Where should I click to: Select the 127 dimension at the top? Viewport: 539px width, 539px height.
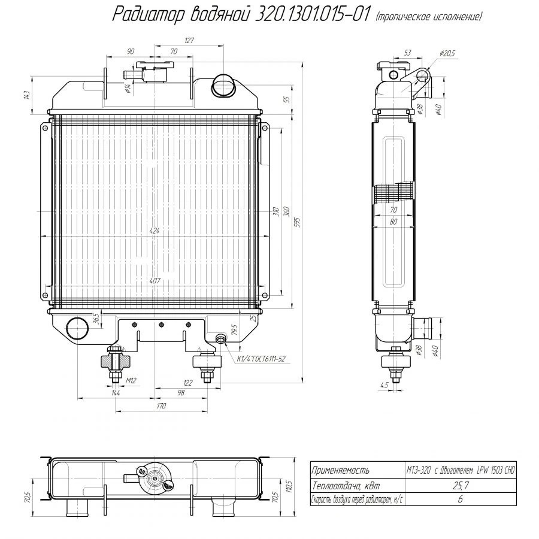pos(189,41)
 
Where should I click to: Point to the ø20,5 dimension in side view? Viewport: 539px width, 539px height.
pos(447,53)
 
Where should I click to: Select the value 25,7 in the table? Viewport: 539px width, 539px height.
pos(460,486)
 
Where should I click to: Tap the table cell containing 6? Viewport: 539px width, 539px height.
pos(460,499)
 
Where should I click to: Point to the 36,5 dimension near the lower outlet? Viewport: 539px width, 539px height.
pos(95,317)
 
